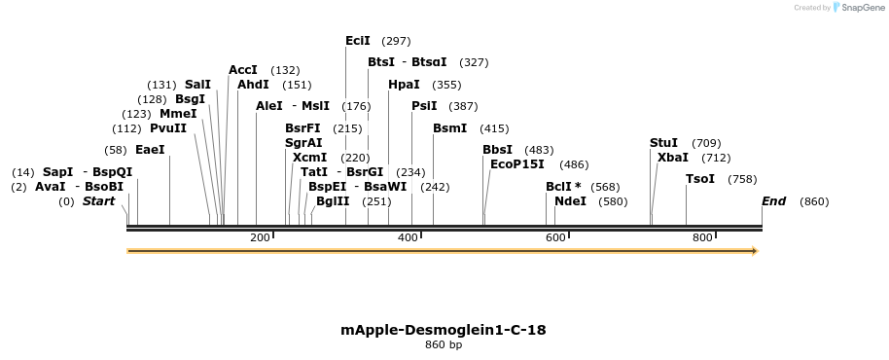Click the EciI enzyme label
point(358,41)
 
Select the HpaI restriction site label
point(404,85)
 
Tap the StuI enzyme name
point(663,143)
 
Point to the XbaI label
point(673,158)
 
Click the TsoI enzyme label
point(700,179)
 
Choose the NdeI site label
point(570,201)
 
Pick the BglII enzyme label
point(333,201)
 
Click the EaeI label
point(150,150)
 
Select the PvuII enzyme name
point(168,128)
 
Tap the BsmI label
point(449,128)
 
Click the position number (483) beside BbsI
point(539,150)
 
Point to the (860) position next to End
point(814,201)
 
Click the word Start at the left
point(98,201)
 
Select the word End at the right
point(774,201)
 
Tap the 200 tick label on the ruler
point(260,238)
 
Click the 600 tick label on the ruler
point(555,238)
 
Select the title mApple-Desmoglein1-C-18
point(444,330)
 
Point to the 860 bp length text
point(444,344)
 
